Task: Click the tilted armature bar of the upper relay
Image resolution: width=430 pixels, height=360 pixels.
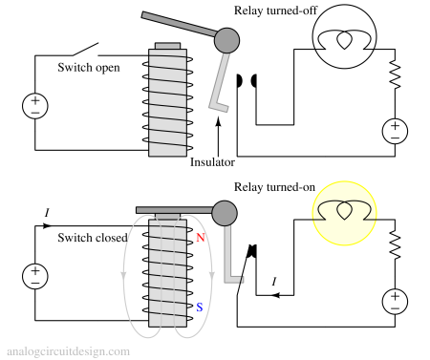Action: coord(180,25)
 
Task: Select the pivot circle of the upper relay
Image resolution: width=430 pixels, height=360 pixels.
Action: coord(226,40)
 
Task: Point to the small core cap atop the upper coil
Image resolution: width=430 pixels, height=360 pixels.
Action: coord(167,46)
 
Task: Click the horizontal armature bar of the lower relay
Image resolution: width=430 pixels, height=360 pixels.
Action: coord(174,210)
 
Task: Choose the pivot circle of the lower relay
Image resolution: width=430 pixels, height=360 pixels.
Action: coord(225,213)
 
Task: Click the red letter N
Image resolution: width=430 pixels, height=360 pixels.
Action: coord(200,238)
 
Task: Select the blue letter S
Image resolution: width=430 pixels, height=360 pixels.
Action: coord(199,307)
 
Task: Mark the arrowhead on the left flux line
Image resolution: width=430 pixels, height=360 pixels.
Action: coord(123,277)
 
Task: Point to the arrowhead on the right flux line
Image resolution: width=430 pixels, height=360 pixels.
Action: coord(211,277)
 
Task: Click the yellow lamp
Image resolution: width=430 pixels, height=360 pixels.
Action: coord(344,213)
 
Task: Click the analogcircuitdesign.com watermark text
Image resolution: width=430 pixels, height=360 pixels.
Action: coord(68,351)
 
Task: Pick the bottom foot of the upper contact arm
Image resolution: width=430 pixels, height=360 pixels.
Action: coord(219,107)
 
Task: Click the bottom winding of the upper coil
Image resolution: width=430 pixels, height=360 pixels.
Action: coord(167,149)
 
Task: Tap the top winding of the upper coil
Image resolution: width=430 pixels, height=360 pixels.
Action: coord(167,55)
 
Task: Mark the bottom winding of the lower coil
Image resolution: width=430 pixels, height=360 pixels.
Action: coord(167,321)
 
